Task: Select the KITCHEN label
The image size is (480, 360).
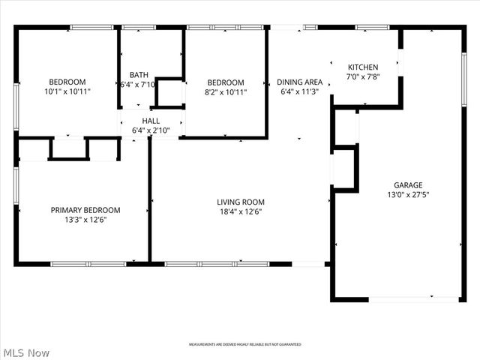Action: click(x=363, y=67)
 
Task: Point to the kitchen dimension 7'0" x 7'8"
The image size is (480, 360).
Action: click(x=363, y=77)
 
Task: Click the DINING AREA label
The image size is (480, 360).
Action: click(x=299, y=82)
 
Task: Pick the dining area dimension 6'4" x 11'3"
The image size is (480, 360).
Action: click(x=299, y=92)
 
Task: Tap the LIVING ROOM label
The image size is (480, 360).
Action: click(x=241, y=202)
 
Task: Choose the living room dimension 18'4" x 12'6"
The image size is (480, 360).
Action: click(x=241, y=211)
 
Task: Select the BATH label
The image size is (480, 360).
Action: click(x=139, y=74)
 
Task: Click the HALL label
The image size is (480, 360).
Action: click(x=151, y=120)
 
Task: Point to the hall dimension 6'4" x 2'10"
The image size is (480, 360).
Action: click(x=151, y=130)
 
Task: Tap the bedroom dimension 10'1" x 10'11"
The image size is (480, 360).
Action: click(x=67, y=91)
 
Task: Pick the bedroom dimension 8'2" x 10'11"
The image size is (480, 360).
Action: click(x=226, y=92)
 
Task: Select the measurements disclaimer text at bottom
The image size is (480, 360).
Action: click(x=244, y=344)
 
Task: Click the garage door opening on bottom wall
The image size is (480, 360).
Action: click(x=414, y=299)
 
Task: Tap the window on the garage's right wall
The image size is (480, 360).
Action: click(x=464, y=71)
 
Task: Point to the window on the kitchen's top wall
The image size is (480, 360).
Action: click(x=367, y=28)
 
